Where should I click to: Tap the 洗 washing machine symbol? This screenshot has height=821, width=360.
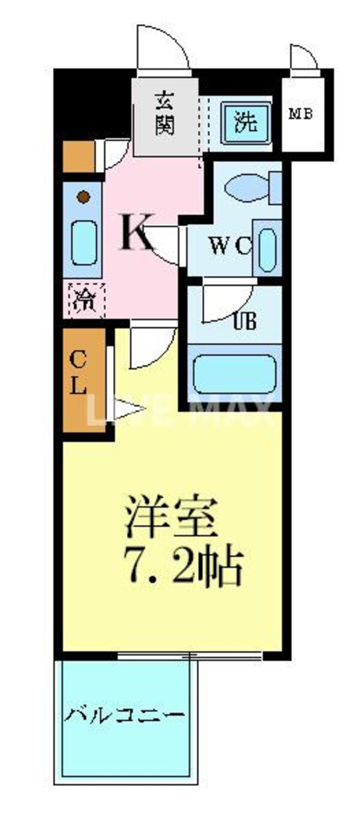[245, 122]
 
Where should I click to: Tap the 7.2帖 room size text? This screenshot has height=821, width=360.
[183, 566]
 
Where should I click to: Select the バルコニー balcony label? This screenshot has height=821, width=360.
[124, 715]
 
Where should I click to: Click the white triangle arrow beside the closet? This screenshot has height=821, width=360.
[128, 410]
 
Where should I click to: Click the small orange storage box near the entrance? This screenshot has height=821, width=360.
[79, 155]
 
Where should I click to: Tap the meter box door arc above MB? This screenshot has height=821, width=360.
[304, 57]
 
